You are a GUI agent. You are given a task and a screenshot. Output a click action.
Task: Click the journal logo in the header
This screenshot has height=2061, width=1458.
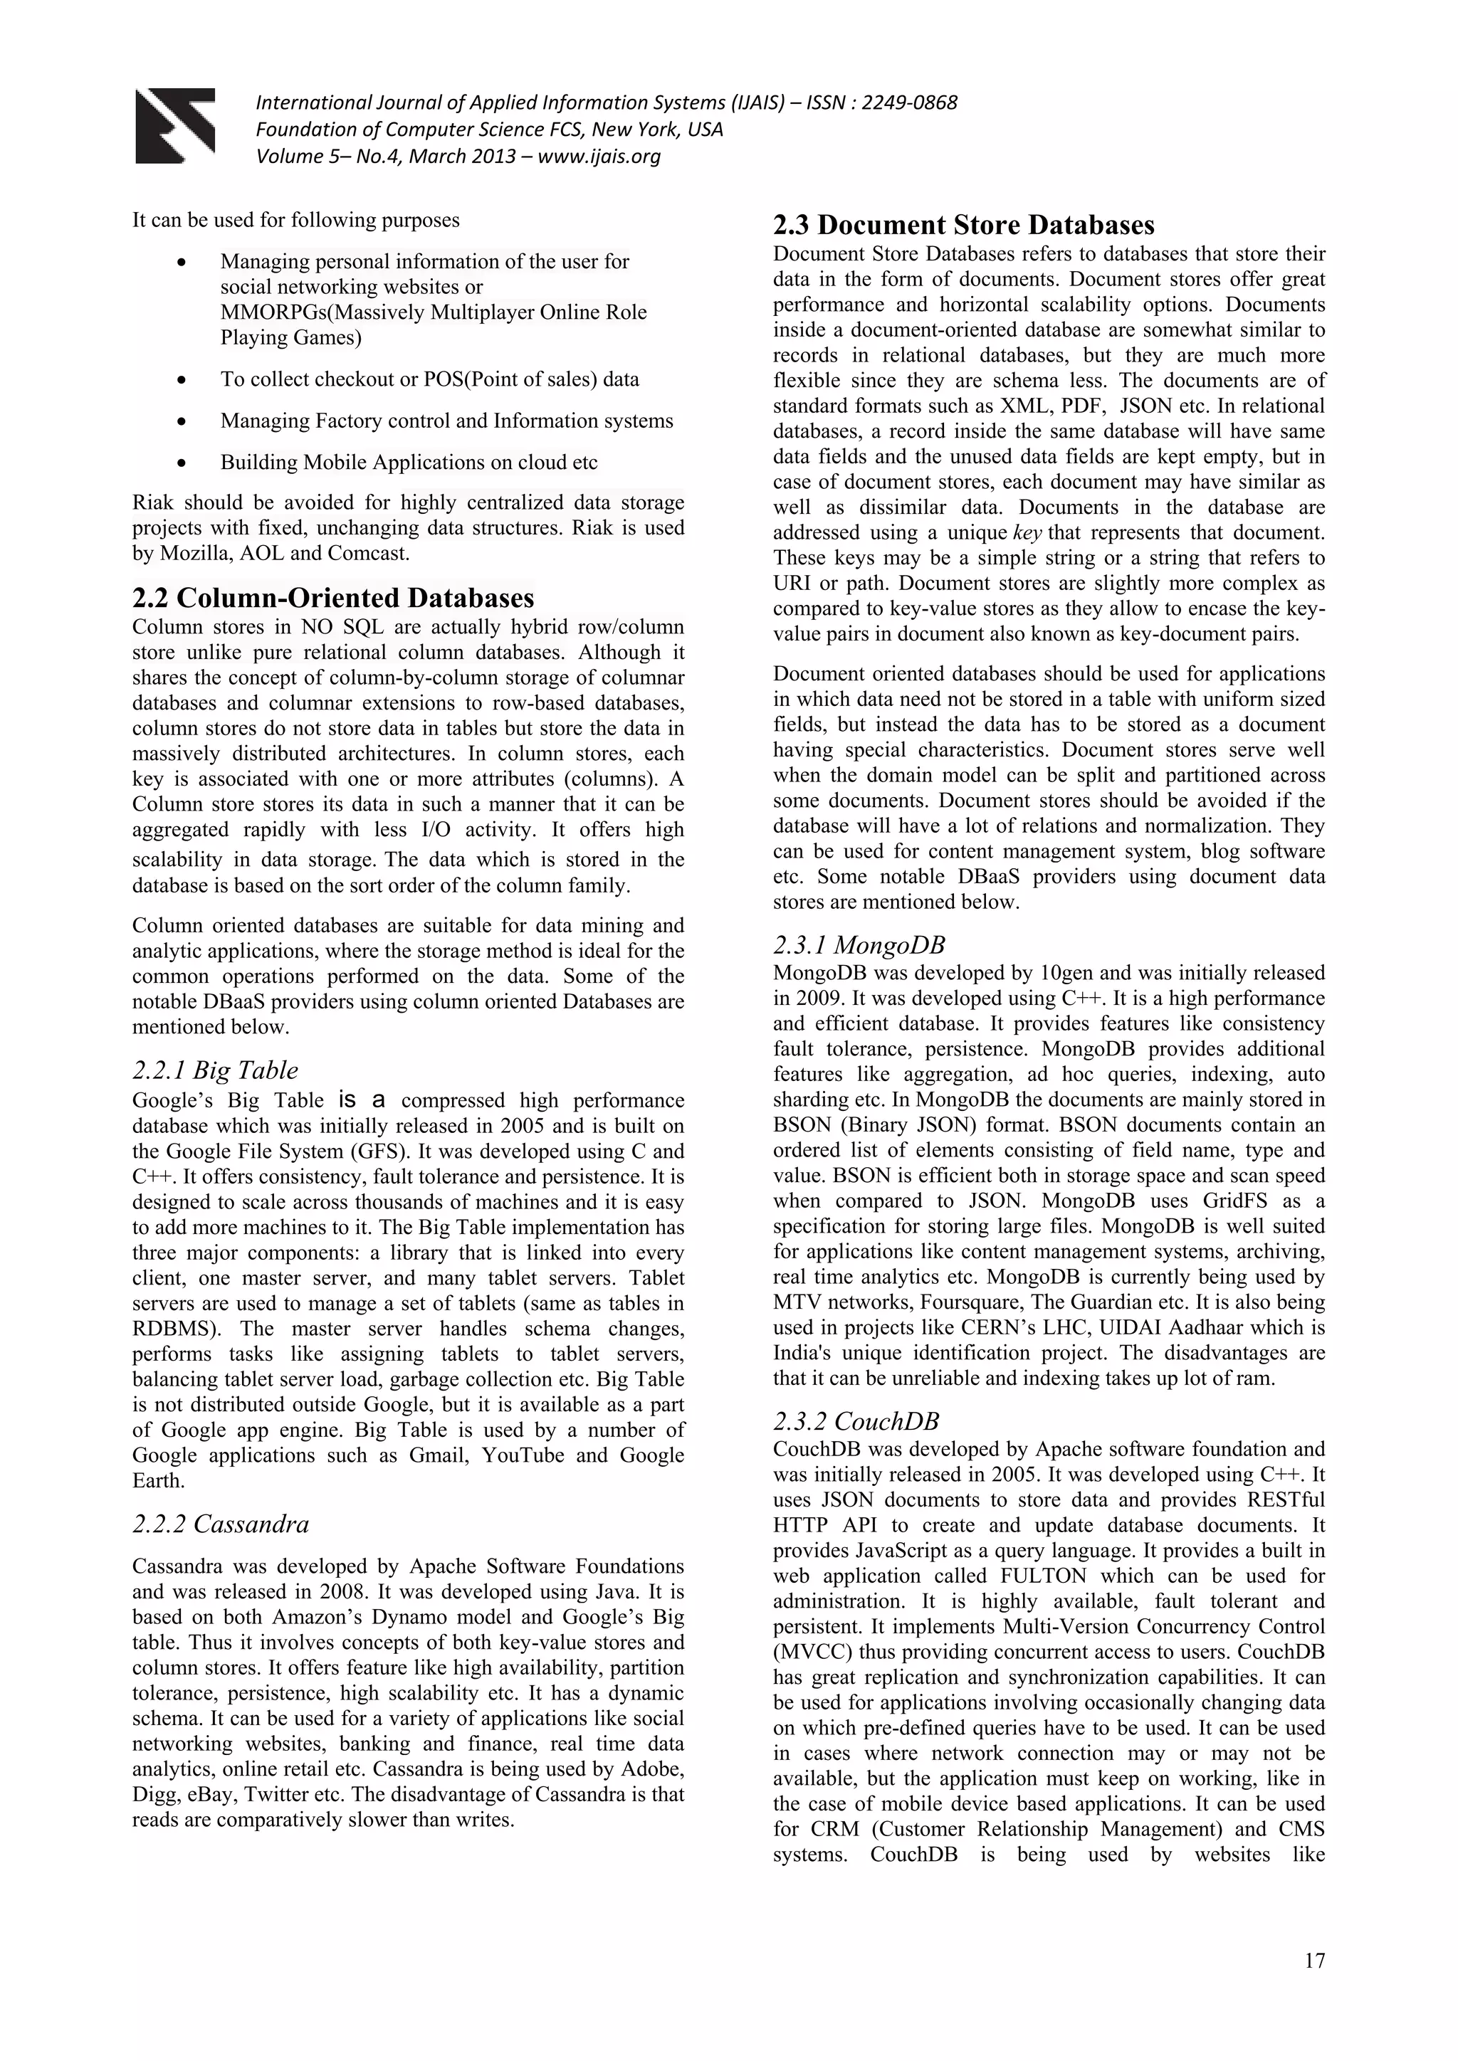coord(175,126)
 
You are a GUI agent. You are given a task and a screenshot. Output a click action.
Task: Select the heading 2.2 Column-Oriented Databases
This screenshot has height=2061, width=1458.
coord(333,598)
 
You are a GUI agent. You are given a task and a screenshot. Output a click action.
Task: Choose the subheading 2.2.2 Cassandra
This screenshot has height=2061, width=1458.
coord(220,1524)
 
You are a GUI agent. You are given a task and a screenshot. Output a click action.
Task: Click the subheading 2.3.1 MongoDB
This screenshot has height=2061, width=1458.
coord(859,944)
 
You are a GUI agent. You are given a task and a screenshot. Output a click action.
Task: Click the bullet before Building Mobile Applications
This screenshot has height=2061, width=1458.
coord(182,464)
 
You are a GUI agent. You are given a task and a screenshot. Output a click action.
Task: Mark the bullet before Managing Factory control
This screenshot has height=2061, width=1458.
coord(182,422)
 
